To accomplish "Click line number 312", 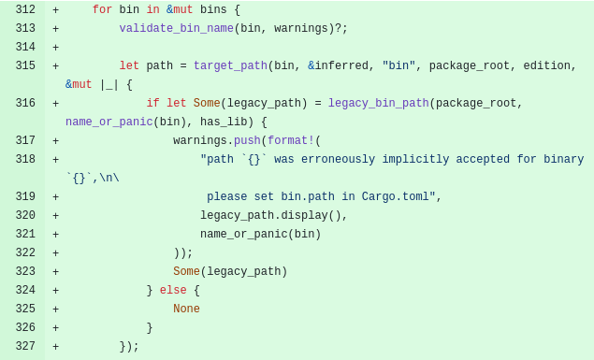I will [x=25, y=10].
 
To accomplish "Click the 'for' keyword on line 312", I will [x=102, y=10].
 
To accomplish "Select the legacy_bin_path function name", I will [x=379, y=104].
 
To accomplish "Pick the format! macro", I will [x=291, y=141].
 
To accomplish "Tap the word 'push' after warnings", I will [x=247, y=141].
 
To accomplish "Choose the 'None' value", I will [x=186, y=310].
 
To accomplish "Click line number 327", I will [x=25, y=347].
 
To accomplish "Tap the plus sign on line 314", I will [x=55, y=48].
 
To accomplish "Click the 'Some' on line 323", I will [x=186, y=272].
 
